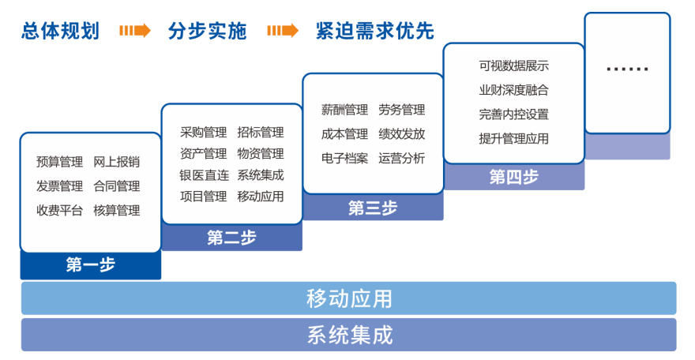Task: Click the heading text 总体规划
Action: [60, 31]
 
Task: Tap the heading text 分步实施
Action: [207, 31]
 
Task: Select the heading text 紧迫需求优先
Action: [375, 31]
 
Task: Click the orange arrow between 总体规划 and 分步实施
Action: [135, 31]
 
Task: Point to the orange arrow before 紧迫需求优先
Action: [283, 31]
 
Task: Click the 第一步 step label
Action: [91, 264]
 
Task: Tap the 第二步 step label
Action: [232, 238]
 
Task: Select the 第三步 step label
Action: [373, 208]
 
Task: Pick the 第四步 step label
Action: [513, 177]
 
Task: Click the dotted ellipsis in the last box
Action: [627, 69]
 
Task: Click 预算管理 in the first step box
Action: [59, 162]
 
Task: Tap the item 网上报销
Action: [117, 162]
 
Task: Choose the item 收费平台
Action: [59, 210]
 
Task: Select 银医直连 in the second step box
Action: [204, 175]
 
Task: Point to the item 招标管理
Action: [260, 133]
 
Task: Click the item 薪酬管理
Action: [344, 110]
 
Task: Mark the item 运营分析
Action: [401, 158]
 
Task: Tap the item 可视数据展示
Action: [513, 66]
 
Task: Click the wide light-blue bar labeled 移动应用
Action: [349, 298]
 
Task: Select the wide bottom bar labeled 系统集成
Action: [349, 335]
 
